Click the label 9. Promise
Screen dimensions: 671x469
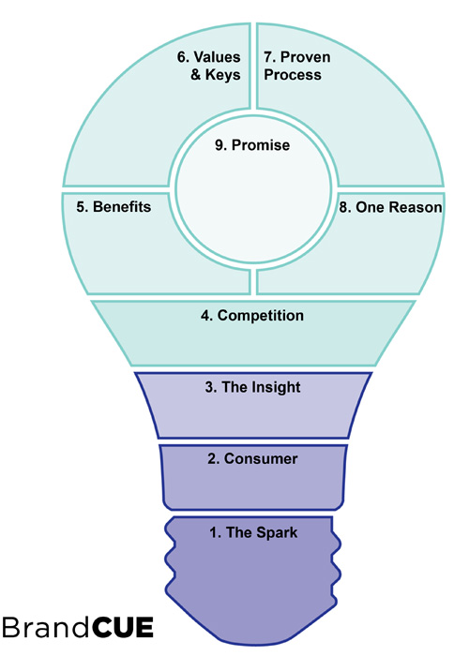[x=252, y=146]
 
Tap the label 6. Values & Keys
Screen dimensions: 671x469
[x=209, y=66]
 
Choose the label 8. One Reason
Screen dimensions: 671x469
[x=390, y=206]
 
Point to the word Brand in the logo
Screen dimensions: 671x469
[x=46, y=628]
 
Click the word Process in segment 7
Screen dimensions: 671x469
[x=293, y=74]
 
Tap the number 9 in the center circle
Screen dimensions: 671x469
[x=219, y=146]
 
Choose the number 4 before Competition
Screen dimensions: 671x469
[x=204, y=316]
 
